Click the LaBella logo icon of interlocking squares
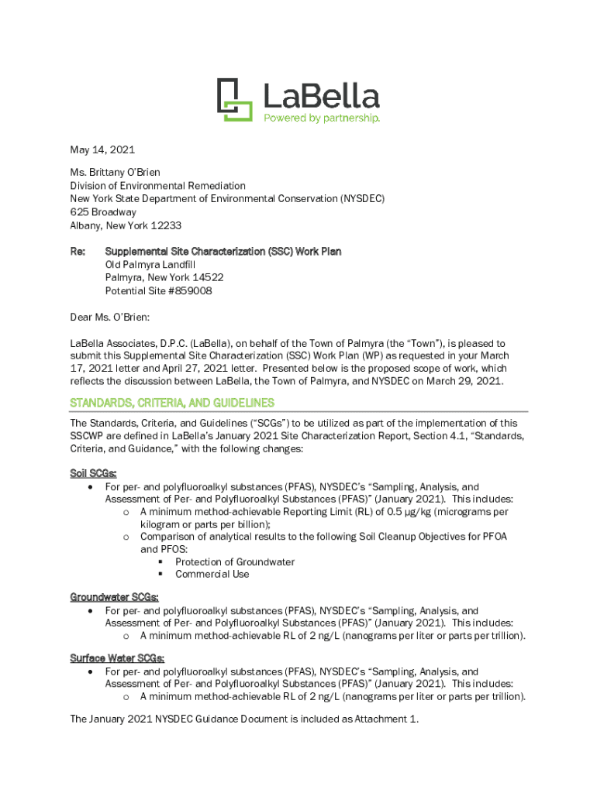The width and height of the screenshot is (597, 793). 234,100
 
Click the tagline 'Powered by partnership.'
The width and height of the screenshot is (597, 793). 322,118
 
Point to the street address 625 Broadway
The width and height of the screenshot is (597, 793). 103,212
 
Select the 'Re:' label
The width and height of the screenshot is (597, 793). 78,252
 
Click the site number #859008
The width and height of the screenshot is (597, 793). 190,291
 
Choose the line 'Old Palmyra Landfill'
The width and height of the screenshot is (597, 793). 150,265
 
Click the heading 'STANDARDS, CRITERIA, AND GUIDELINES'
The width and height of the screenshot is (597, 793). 172,403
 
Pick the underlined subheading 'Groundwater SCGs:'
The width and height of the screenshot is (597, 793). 115,597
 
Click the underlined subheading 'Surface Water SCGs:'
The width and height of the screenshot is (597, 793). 117,658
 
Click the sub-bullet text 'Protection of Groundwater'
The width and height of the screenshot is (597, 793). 235,561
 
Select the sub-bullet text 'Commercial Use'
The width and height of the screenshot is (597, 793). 212,574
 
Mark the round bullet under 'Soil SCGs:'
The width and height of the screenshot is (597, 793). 92,487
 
